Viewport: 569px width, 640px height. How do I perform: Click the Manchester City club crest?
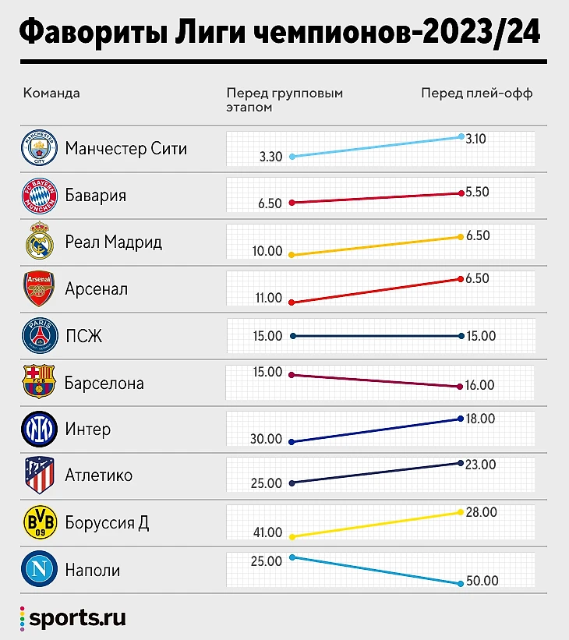point(39,148)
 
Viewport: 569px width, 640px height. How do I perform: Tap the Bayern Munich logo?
point(39,196)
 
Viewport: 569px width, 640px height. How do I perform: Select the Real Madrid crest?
point(39,242)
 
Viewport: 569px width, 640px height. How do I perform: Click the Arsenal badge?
point(39,289)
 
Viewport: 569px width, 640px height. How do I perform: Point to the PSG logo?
point(39,336)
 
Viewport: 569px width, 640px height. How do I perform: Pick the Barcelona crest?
point(39,383)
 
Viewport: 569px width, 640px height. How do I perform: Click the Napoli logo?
point(39,570)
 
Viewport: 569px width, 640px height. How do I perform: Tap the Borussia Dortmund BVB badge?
point(39,522)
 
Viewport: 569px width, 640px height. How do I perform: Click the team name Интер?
point(88,430)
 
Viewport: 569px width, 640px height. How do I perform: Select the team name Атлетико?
point(99,476)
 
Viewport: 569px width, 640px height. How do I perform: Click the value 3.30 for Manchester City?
point(270,157)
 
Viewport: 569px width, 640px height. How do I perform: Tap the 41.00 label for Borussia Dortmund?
point(267,532)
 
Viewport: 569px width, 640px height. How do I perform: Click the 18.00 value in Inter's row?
point(481,419)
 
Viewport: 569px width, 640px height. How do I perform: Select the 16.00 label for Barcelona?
point(481,385)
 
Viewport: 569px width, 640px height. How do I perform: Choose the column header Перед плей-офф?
point(476,93)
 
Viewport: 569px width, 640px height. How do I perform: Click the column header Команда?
point(51,93)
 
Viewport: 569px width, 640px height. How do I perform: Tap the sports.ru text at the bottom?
point(77,619)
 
